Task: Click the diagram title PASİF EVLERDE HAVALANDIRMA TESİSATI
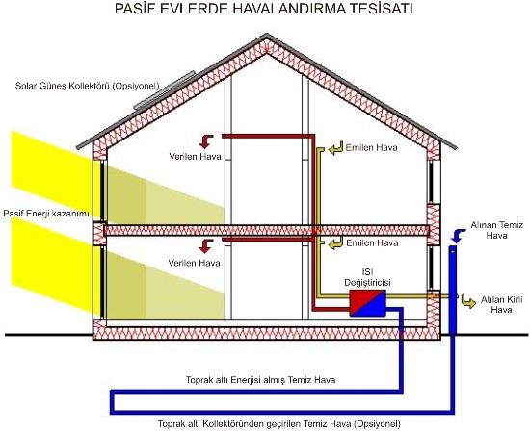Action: click(264, 9)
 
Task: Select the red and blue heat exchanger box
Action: click(367, 303)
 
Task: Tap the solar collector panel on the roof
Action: click(165, 90)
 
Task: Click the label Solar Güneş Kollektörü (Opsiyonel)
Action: click(87, 86)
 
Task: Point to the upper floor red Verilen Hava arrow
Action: click(206, 141)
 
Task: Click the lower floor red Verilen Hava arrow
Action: click(206, 246)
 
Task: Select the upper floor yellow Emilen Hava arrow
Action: click(335, 148)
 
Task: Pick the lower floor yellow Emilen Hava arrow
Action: click(335, 243)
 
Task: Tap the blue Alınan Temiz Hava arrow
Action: click(458, 236)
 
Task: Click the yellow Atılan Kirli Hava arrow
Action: click(468, 301)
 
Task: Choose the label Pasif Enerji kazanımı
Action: click(46, 214)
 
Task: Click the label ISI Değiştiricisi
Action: click(367, 277)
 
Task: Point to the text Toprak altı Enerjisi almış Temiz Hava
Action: click(260, 380)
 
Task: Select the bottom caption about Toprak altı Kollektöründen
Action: click(279, 423)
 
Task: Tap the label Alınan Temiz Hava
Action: click(497, 230)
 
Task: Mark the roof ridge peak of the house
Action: click(267, 34)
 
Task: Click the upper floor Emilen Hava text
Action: click(371, 147)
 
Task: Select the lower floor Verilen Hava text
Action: click(194, 263)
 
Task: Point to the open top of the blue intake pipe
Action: click(452, 247)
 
